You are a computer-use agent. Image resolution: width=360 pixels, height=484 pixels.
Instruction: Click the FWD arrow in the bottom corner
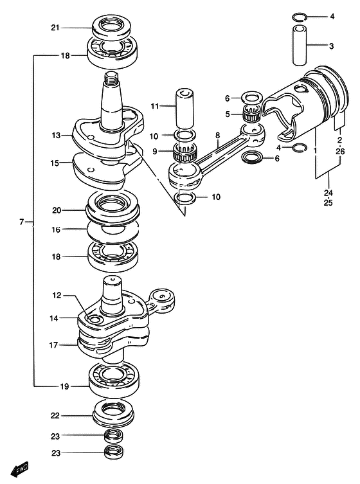19,469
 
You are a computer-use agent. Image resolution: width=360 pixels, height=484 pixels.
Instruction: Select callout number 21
55,28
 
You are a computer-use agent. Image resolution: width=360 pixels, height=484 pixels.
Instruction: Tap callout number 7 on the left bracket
21,222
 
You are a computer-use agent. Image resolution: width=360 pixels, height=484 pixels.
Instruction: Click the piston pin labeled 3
300,46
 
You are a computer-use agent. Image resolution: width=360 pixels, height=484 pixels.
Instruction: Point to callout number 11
155,106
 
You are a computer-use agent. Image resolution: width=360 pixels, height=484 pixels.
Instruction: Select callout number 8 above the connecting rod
218,135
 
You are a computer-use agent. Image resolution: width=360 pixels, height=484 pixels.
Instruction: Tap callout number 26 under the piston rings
340,151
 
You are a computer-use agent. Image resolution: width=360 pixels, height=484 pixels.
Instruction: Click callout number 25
328,203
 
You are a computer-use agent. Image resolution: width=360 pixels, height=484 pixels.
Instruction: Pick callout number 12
57,296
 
